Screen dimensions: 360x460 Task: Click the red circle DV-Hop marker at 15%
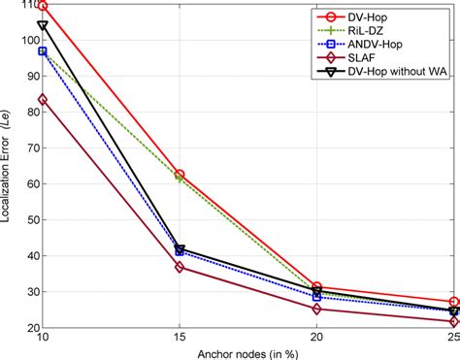pos(180,175)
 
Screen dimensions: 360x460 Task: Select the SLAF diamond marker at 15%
pos(180,267)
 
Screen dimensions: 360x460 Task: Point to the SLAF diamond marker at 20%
pos(316,309)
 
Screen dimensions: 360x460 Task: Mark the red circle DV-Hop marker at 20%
pos(316,287)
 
